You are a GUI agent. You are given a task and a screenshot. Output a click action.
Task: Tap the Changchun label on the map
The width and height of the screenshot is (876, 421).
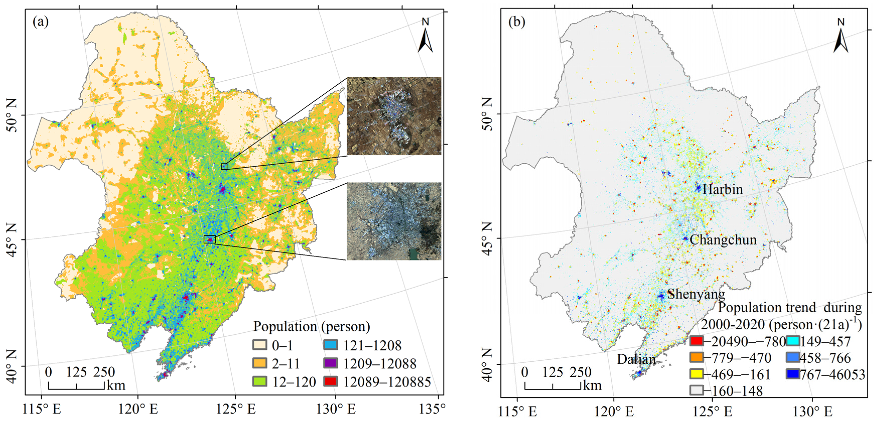pyautogui.click(x=723, y=240)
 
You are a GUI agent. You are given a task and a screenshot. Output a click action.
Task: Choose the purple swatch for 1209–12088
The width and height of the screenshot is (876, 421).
pyautogui.click(x=330, y=363)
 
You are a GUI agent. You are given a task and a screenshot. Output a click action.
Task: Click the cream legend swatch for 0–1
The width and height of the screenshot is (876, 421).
pyautogui.click(x=259, y=345)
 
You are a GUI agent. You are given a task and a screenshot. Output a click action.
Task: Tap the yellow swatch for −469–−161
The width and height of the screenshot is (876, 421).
pyautogui.click(x=696, y=374)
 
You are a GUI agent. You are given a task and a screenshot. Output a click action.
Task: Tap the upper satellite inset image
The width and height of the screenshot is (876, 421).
pyautogui.click(x=394, y=116)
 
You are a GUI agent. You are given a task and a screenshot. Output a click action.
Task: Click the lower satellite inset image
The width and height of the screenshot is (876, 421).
pyautogui.click(x=394, y=221)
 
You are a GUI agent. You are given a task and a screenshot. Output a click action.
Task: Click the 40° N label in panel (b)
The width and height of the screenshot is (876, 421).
pyautogui.click(x=487, y=366)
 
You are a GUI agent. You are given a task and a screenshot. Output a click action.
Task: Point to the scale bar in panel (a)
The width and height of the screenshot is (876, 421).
pyautogui.click(x=76, y=385)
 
